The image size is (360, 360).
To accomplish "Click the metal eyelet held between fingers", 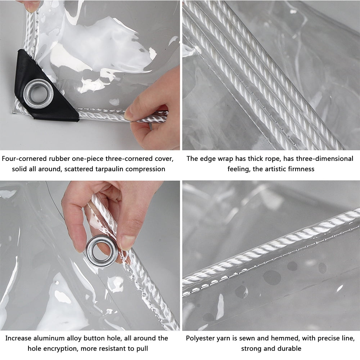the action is pos(102,251).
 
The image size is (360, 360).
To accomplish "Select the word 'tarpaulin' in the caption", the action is pos(108,169).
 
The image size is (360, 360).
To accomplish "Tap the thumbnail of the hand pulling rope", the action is pos(90,75).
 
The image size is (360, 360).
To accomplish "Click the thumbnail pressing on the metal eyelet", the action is pos(90,256).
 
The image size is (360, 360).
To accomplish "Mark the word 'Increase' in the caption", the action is pos(18,338).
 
